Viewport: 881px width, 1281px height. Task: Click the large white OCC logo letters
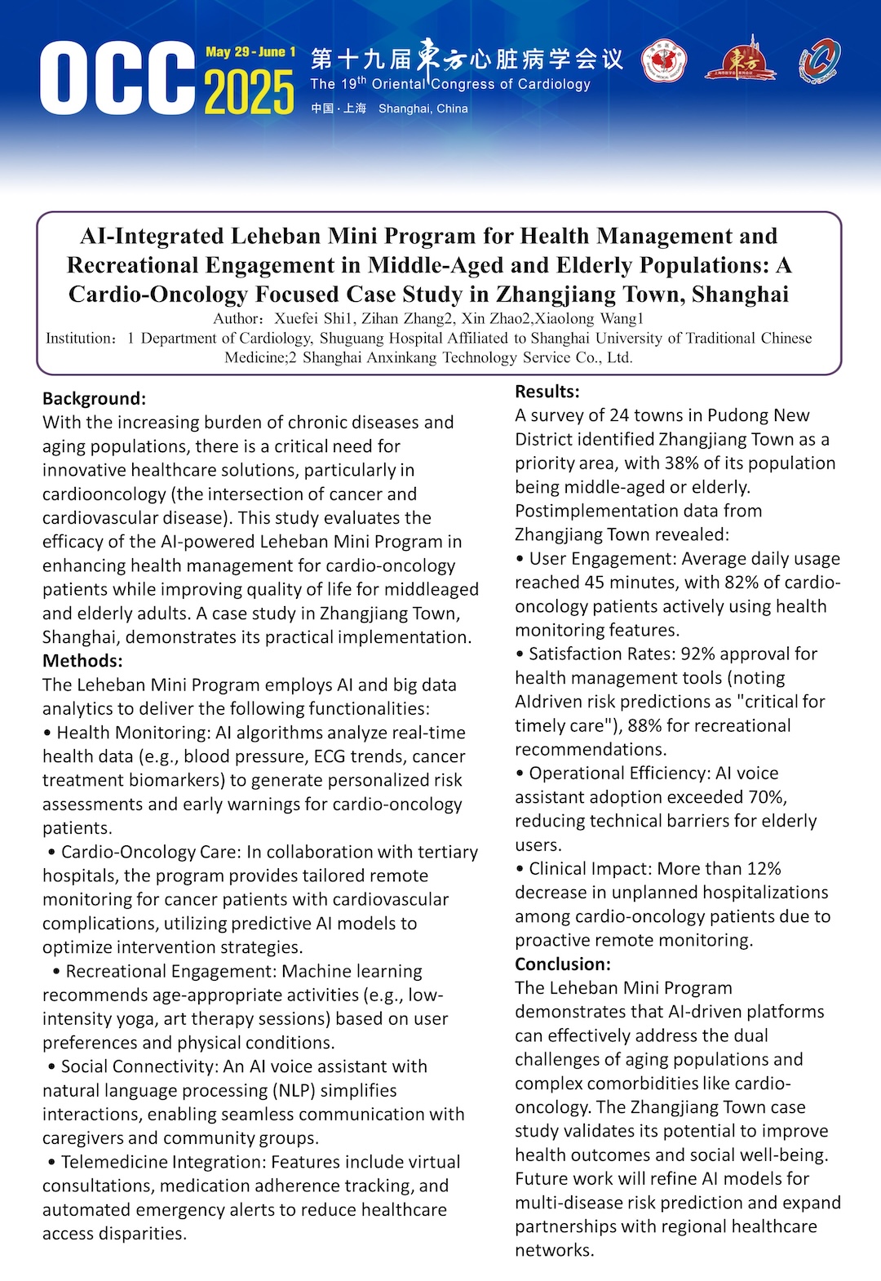tap(118, 78)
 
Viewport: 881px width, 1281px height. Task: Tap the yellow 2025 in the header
tap(249, 92)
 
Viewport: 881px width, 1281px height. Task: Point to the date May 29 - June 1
tap(250, 52)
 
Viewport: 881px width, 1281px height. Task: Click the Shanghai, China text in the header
tap(423, 109)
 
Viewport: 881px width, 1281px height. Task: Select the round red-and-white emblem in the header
tap(664, 61)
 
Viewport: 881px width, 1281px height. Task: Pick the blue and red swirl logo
tap(819, 61)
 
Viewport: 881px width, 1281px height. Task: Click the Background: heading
tap(94, 398)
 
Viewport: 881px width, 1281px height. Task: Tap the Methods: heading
tap(82, 661)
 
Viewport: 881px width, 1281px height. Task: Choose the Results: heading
tap(547, 392)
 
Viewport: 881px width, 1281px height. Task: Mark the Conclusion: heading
tap(563, 964)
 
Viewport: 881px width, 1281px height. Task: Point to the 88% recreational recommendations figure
tap(644, 725)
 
